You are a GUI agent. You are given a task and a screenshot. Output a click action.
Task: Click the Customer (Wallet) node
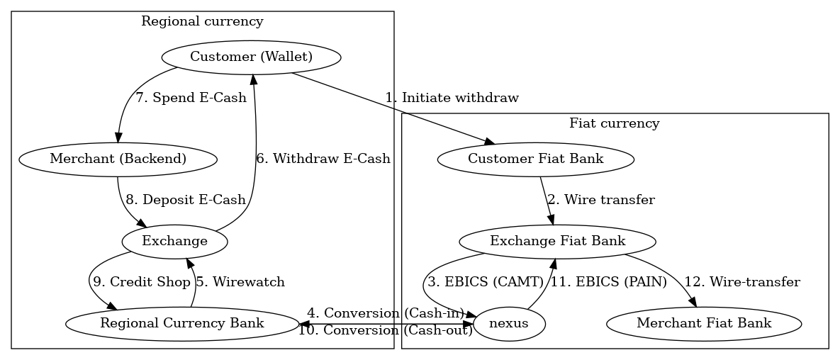click(251, 57)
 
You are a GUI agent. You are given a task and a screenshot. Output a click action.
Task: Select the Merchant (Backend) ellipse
click(118, 159)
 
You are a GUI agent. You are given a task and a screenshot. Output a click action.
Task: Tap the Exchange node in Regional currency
click(174, 241)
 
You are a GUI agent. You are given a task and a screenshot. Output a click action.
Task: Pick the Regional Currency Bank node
click(182, 323)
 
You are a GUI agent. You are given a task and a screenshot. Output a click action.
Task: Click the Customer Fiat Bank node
click(536, 159)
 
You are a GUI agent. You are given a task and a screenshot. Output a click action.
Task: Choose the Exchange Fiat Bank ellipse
click(557, 241)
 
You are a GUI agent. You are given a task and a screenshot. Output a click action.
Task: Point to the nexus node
click(509, 324)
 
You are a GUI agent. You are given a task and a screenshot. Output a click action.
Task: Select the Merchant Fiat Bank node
click(704, 323)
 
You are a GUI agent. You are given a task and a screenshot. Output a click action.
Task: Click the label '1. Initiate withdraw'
click(452, 98)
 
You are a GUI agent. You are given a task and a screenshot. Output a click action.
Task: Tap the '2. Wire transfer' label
click(600, 200)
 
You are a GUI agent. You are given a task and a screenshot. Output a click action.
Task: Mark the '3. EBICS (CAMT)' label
click(484, 282)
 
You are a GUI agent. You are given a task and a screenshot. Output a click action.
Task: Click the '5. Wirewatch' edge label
click(240, 282)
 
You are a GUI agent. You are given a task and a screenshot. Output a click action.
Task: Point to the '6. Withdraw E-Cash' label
click(323, 159)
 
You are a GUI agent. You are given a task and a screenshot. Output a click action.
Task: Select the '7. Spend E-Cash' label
click(191, 98)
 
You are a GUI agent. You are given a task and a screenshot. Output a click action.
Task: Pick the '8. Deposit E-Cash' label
click(186, 200)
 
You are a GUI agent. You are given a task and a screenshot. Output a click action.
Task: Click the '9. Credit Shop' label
click(142, 282)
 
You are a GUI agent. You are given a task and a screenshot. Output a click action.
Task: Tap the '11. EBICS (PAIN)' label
click(609, 282)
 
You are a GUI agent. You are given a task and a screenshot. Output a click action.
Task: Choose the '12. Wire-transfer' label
click(741, 282)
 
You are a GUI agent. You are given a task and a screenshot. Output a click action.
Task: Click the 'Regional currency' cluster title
click(202, 21)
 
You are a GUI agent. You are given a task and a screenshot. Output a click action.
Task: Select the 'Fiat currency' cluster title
click(615, 123)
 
